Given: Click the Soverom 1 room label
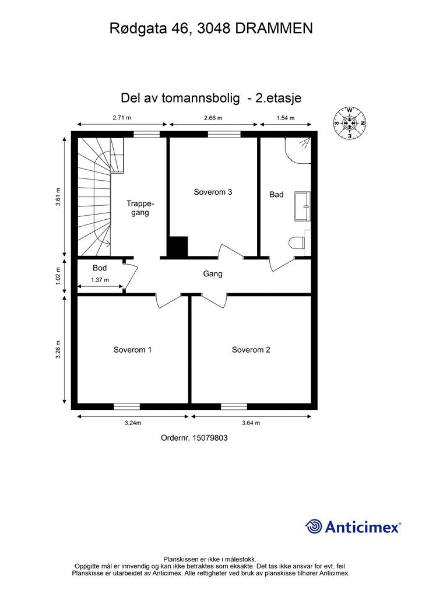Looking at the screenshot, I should (132, 350).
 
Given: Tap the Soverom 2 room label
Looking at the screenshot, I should (251, 350).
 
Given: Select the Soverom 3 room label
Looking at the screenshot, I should (213, 192).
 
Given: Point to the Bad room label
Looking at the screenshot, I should (276, 195).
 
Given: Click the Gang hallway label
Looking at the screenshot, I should (212, 273).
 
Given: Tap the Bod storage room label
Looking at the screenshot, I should (100, 268).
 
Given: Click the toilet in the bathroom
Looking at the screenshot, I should (297, 243).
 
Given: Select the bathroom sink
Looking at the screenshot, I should (302, 206).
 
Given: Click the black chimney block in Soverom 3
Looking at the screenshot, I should (178, 246).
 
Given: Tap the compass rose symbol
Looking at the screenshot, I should (350, 123).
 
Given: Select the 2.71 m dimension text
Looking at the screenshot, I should (122, 118).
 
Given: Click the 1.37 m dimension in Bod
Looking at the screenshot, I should (100, 280).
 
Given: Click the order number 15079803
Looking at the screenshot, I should (194, 438).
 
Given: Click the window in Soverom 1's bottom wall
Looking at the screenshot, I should (126, 406).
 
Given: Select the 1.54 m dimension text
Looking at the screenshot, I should (285, 118).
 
